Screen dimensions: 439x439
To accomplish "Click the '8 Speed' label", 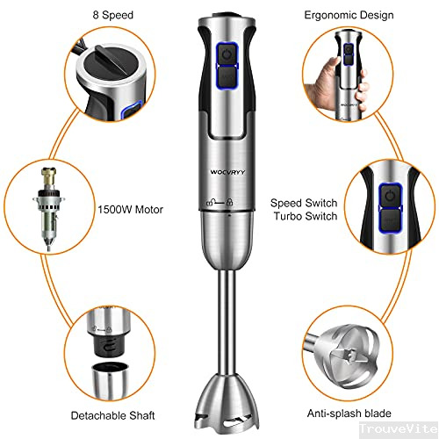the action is pyautogui.click(x=113, y=15).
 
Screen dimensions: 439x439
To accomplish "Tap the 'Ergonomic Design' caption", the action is pyautogui.click(x=349, y=15).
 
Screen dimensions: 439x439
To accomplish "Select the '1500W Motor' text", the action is pyautogui.click(x=130, y=210).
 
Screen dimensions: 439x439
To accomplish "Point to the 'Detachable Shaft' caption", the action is pyautogui.click(x=113, y=415).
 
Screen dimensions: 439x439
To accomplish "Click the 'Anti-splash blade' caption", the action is pyautogui.click(x=349, y=414).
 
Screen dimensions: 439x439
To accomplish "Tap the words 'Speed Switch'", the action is pyautogui.click(x=304, y=203).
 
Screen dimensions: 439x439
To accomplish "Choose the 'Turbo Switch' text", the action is pyautogui.click(x=306, y=216).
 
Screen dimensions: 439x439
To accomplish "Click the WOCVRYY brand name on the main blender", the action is pyautogui.click(x=227, y=172).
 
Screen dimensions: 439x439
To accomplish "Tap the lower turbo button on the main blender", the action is pyautogui.click(x=227, y=76).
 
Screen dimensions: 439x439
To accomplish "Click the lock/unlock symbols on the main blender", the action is pyautogui.click(x=219, y=202).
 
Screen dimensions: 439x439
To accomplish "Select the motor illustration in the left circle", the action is pyautogui.click(x=48, y=209).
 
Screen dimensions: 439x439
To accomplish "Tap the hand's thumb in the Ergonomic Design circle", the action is pyautogui.click(x=332, y=62).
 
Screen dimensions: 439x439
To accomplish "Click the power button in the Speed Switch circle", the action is pyautogui.click(x=390, y=196).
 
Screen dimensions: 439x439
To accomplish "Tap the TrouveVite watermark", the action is pyautogui.click(x=399, y=428).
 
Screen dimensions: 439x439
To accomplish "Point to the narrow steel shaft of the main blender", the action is pyautogui.click(x=227, y=322).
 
